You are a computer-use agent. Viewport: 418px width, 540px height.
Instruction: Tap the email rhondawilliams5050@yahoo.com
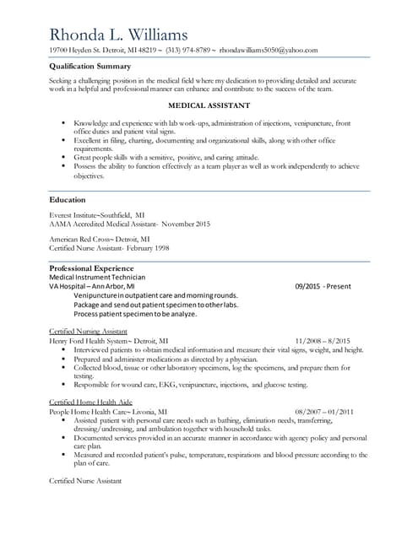[x=269, y=51]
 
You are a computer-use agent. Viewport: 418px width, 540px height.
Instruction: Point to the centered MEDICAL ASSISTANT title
[x=209, y=105]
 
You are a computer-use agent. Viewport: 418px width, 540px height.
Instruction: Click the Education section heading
[x=68, y=200]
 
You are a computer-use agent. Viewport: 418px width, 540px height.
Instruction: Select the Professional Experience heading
[x=91, y=267]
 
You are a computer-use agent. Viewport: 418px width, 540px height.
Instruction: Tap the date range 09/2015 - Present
[x=323, y=286]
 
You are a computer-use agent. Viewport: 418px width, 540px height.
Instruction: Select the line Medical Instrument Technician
[x=97, y=277]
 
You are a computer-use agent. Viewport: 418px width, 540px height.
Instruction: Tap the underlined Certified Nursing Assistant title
[x=89, y=332]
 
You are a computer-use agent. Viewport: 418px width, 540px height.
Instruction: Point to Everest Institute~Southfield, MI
[x=97, y=215]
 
